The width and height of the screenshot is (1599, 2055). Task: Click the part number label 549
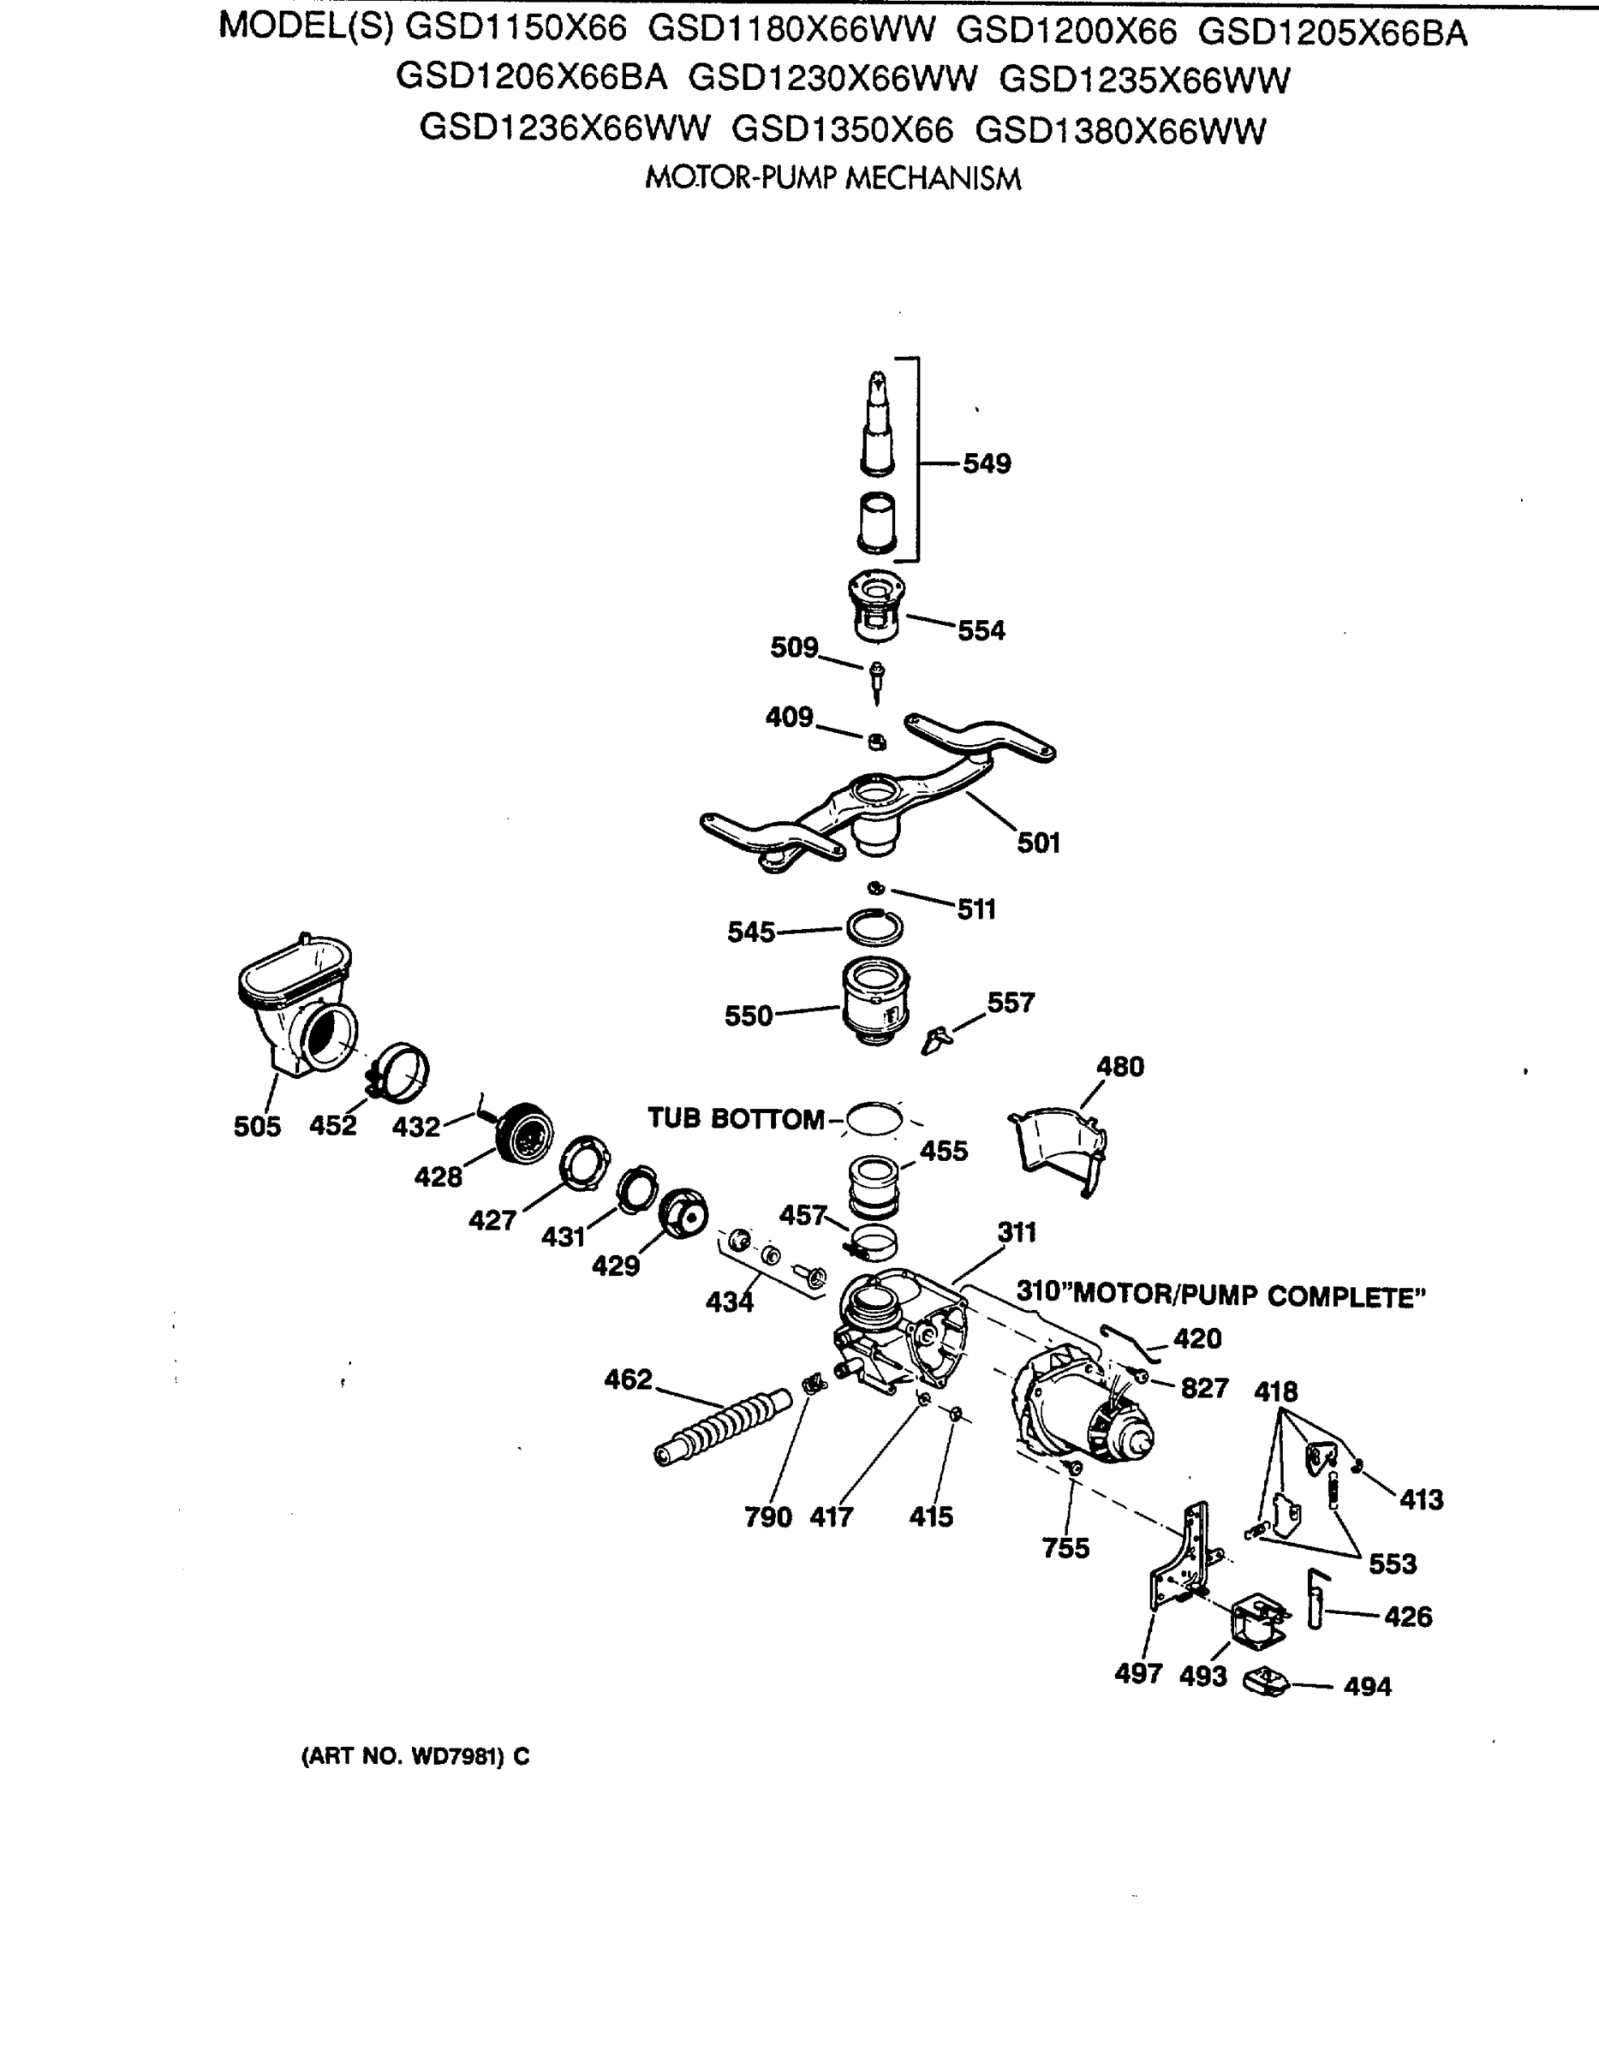986,464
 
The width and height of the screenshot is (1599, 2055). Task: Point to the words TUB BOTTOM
736,1119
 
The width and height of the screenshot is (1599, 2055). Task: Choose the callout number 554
981,630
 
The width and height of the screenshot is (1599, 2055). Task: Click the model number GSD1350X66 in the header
841,130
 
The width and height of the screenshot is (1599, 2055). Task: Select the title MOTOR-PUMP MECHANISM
832,179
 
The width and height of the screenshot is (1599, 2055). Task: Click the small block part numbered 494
1270,1683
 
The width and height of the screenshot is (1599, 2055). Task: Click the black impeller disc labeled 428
524,1134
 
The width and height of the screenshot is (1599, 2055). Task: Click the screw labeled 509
877,681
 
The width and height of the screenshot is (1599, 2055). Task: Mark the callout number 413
1420,1499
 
